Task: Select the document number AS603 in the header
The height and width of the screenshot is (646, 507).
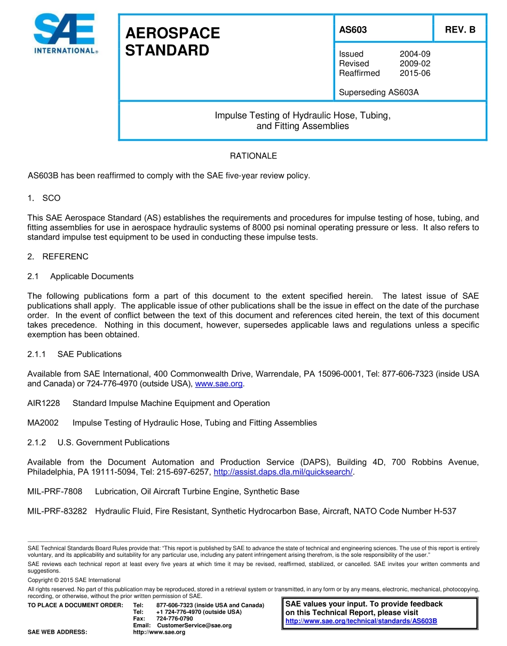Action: click(353, 30)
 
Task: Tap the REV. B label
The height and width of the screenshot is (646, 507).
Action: click(460, 30)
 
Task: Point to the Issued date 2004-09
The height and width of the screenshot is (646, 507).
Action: click(415, 54)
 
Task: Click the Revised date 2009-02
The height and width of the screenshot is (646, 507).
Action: click(415, 63)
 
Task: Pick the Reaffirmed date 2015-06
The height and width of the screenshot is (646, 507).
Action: click(415, 73)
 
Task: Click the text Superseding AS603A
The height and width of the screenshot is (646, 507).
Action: click(379, 92)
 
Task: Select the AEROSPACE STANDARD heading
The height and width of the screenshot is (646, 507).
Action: click(172, 42)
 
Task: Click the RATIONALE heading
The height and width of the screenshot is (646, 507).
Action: click(253, 156)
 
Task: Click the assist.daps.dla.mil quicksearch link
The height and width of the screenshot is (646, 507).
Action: click(283, 472)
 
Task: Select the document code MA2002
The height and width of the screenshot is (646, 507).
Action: click(43, 423)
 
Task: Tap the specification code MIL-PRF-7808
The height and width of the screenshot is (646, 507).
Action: click(55, 491)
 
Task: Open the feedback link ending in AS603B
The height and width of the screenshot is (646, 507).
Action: click(361, 621)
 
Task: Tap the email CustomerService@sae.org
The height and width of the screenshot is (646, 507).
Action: click(194, 625)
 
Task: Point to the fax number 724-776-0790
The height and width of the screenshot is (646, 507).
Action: click(175, 618)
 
